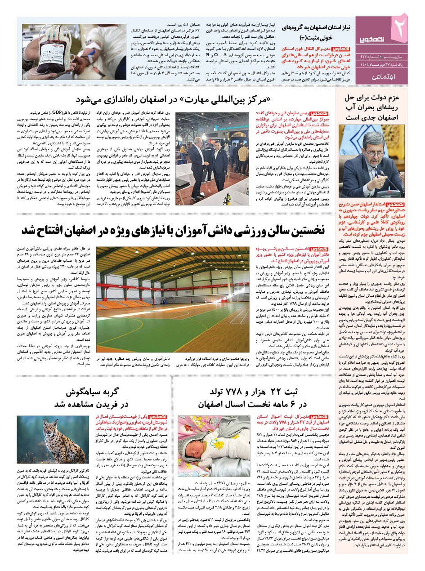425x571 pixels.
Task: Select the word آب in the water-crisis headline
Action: click(x=359, y=108)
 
